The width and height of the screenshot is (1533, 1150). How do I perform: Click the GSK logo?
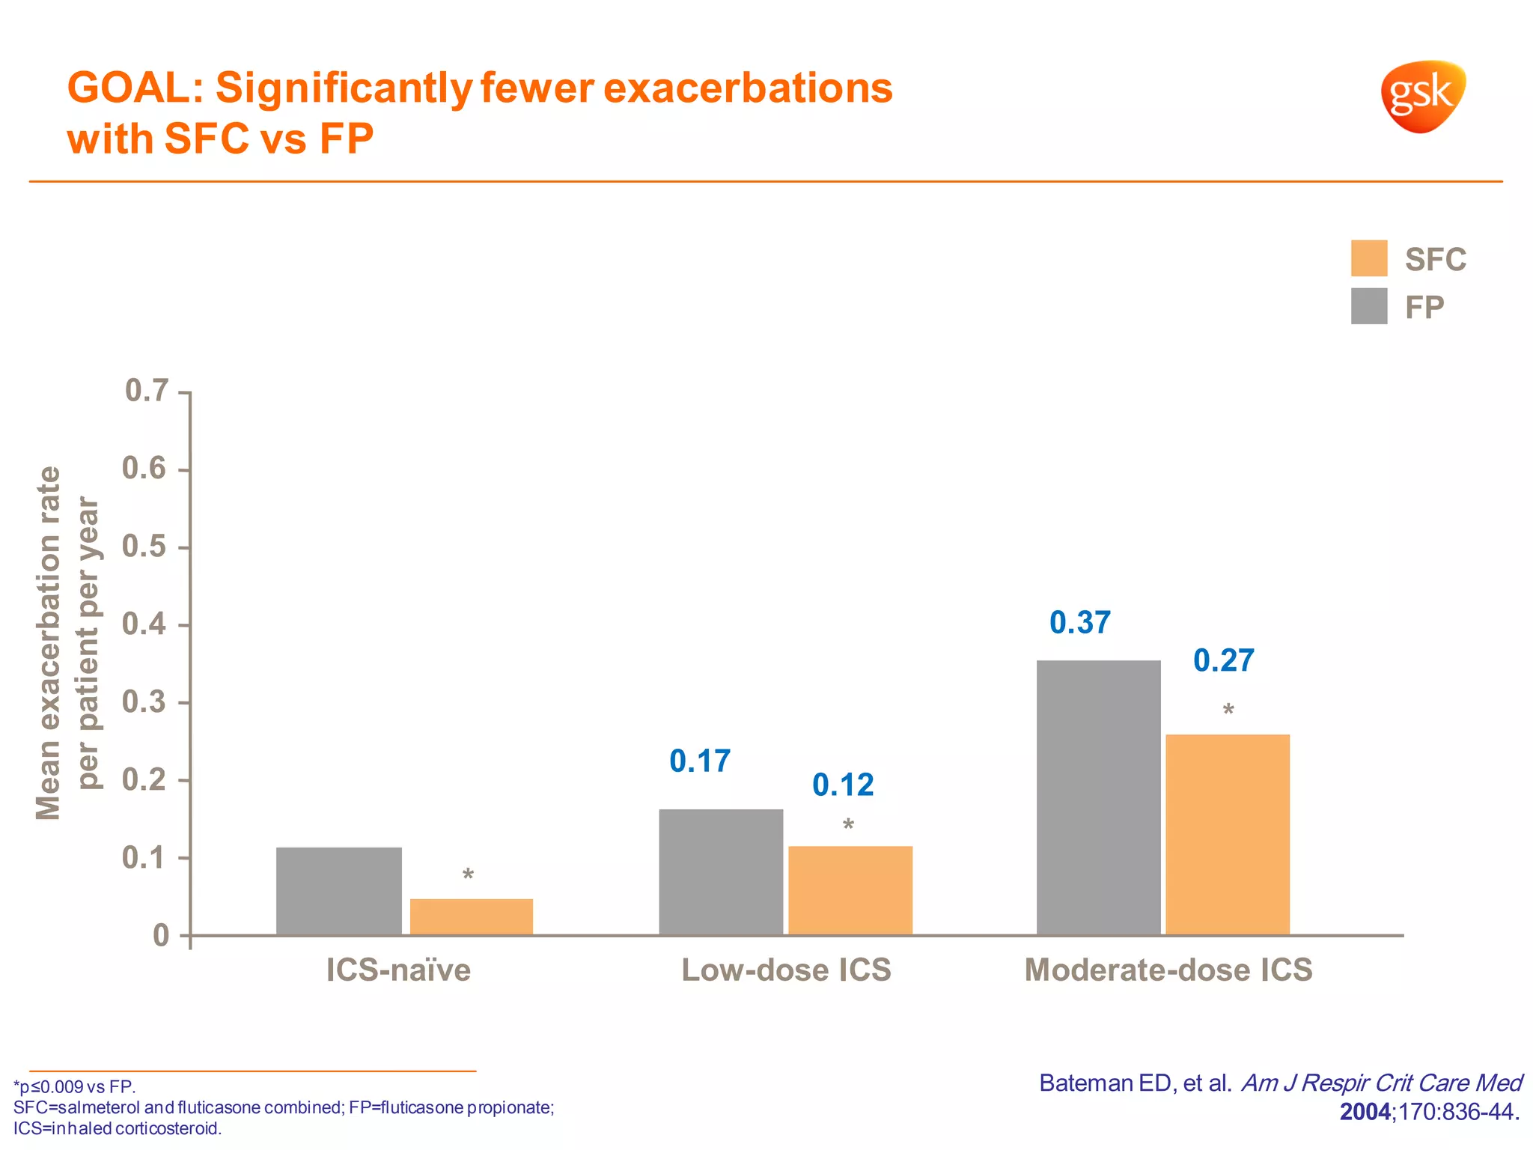point(1422,96)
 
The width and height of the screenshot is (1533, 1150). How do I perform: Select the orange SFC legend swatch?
point(1368,258)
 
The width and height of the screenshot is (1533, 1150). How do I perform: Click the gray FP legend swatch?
point(1368,306)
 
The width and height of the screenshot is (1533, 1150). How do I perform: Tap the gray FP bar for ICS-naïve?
point(338,891)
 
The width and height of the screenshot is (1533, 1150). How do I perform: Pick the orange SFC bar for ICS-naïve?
point(471,916)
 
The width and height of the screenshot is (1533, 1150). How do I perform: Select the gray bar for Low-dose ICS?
point(721,871)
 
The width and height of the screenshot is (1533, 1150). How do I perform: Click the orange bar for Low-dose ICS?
point(850,890)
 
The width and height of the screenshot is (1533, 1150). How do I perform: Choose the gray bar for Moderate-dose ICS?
point(1098,797)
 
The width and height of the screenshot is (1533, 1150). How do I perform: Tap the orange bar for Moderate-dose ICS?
point(1228,834)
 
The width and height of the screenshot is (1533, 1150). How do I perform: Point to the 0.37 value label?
point(1079,623)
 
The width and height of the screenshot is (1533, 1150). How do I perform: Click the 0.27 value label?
point(1223,660)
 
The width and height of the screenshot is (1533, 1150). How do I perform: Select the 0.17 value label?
point(699,761)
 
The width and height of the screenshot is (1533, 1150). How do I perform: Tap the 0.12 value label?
point(843,785)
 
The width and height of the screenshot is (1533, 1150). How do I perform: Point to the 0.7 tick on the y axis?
point(147,391)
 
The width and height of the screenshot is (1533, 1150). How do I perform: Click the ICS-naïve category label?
point(398,970)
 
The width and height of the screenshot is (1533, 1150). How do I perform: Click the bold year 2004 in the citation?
point(1365,1111)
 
